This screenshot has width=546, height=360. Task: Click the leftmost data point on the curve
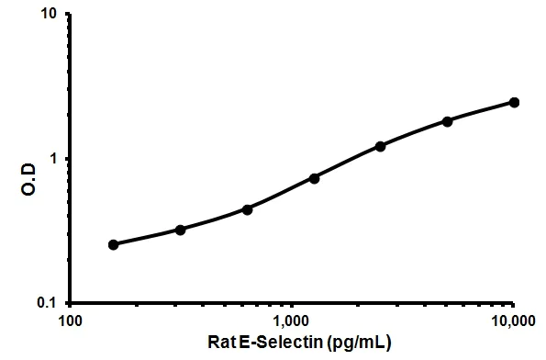pyautogui.click(x=114, y=244)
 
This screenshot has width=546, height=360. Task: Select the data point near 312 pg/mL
pyautogui.click(x=181, y=229)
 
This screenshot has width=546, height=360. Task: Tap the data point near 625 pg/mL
pyautogui.click(x=247, y=208)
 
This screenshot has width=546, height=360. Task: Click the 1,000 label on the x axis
pyautogui.click(x=291, y=321)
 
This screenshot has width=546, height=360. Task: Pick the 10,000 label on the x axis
pyautogui.click(x=510, y=321)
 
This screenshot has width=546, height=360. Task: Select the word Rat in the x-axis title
pyautogui.click(x=217, y=343)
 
